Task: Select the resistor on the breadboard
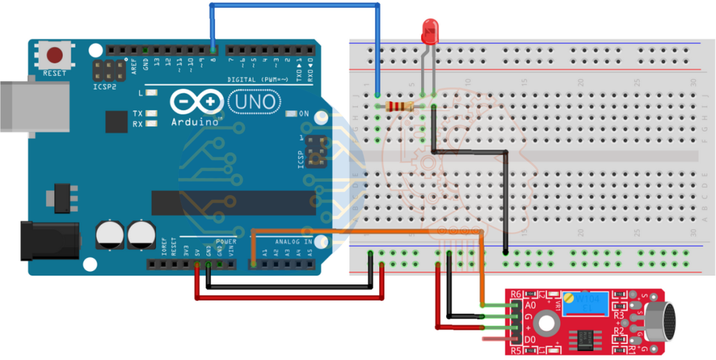[x=401, y=106]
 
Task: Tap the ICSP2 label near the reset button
[x=103, y=89]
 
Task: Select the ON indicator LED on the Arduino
[x=292, y=113]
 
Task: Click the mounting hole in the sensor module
[x=547, y=322]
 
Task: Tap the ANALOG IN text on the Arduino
[x=284, y=242]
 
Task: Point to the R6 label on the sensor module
[x=517, y=294]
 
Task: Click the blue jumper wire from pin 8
[x=294, y=6]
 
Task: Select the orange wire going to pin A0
[x=364, y=230]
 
